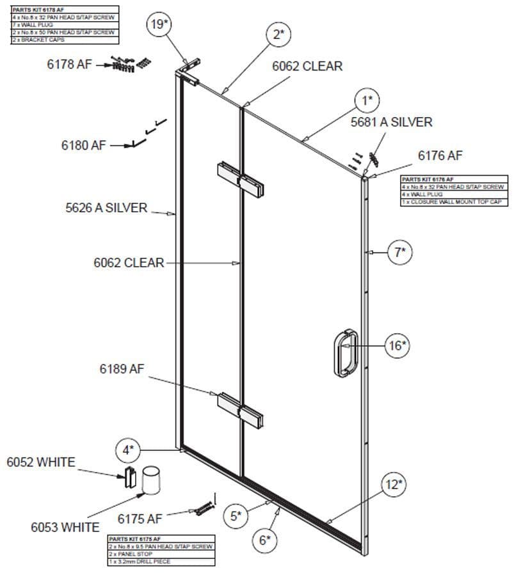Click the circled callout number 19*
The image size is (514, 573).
[159, 25]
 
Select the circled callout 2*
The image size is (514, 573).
[278, 34]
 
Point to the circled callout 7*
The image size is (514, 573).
[400, 252]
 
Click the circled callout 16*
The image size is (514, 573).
[397, 345]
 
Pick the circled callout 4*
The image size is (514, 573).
[128, 450]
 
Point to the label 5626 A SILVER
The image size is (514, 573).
[106, 207]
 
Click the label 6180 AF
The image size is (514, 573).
[84, 145]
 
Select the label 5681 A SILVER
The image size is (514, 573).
[391, 122]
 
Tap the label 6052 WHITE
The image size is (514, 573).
[41, 462]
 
